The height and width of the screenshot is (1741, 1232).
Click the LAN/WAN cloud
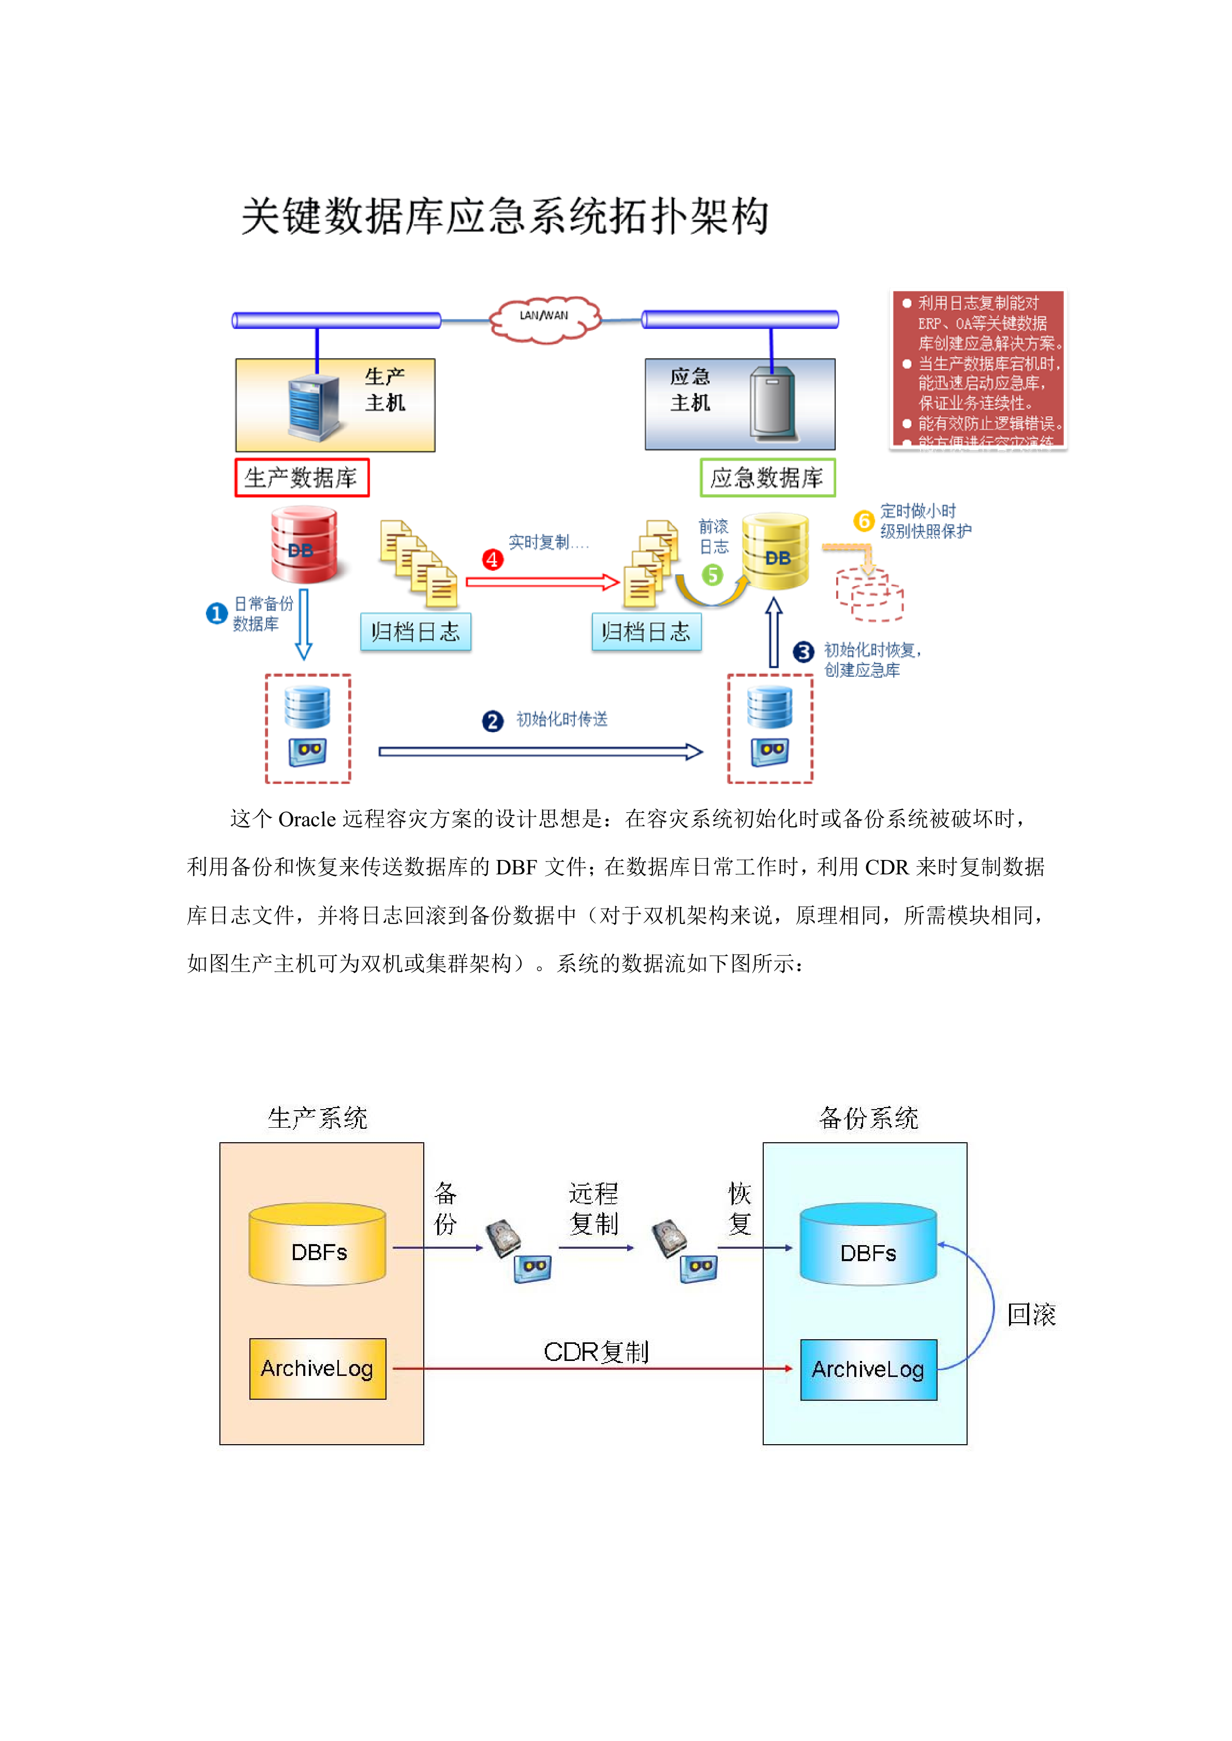point(544,319)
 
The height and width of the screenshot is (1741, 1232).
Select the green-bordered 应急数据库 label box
point(767,478)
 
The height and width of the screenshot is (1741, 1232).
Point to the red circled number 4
point(493,559)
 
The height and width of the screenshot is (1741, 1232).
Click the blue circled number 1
point(217,613)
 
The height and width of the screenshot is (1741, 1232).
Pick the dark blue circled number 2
point(493,720)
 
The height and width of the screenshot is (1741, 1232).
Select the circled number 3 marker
point(803,652)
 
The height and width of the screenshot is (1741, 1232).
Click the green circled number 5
point(711,575)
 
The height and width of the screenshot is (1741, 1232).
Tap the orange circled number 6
point(863,521)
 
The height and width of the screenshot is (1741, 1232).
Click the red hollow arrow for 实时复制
point(542,582)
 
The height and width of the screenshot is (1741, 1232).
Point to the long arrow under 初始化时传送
point(540,751)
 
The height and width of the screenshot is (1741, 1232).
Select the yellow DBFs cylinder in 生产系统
point(318,1244)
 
